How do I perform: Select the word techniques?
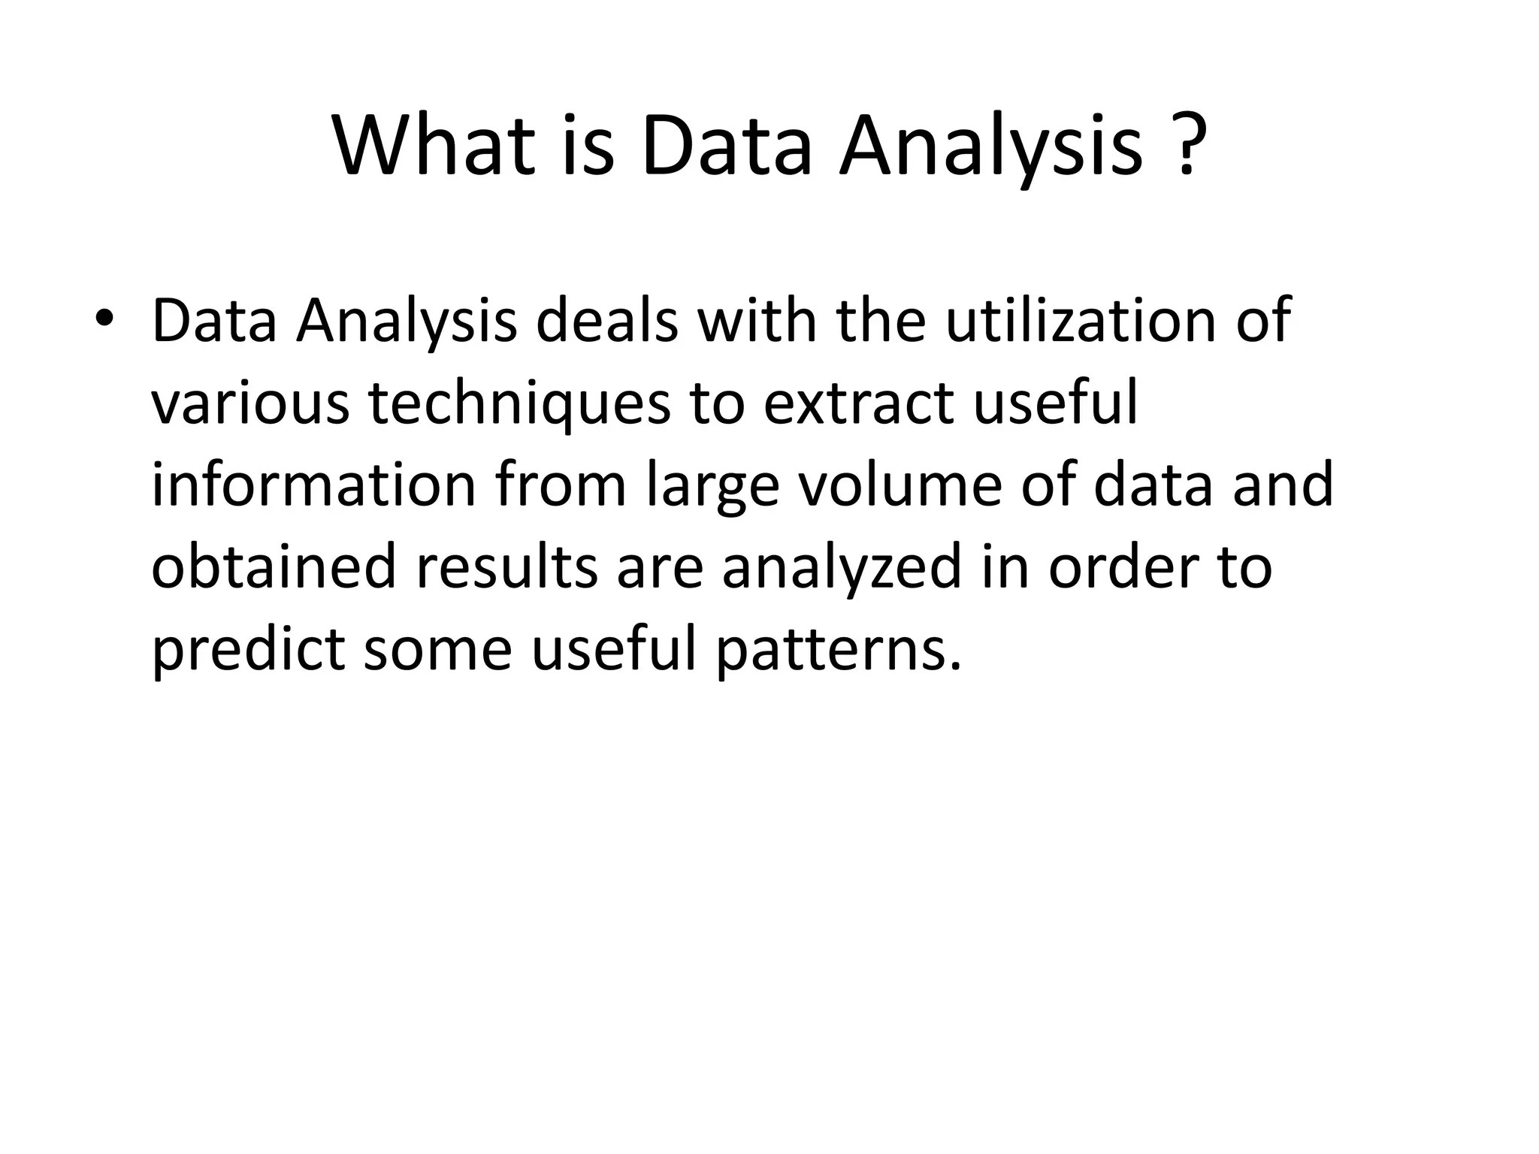coord(519,403)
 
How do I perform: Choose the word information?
coord(313,485)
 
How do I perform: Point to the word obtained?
coord(273,566)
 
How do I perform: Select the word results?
coord(506,566)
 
